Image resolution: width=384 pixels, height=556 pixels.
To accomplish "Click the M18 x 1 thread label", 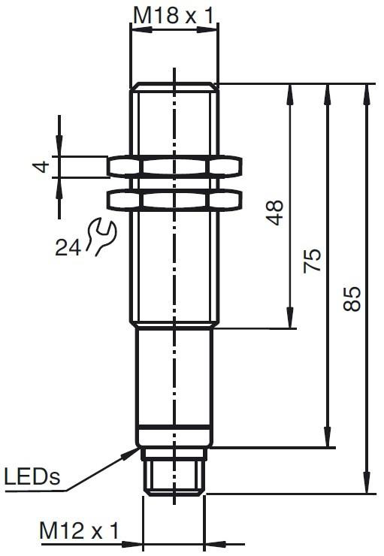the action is tap(174, 16).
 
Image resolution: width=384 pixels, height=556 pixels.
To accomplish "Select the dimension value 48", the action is tap(276, 213).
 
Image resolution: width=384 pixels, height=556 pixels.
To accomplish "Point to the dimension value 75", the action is tap(313, 261).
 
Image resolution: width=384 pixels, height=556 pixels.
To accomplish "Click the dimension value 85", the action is tap(352, 298).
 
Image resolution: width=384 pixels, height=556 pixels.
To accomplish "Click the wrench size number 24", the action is tap(68, 247).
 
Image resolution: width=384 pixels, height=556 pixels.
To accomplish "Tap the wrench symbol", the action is tap(101, 237).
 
